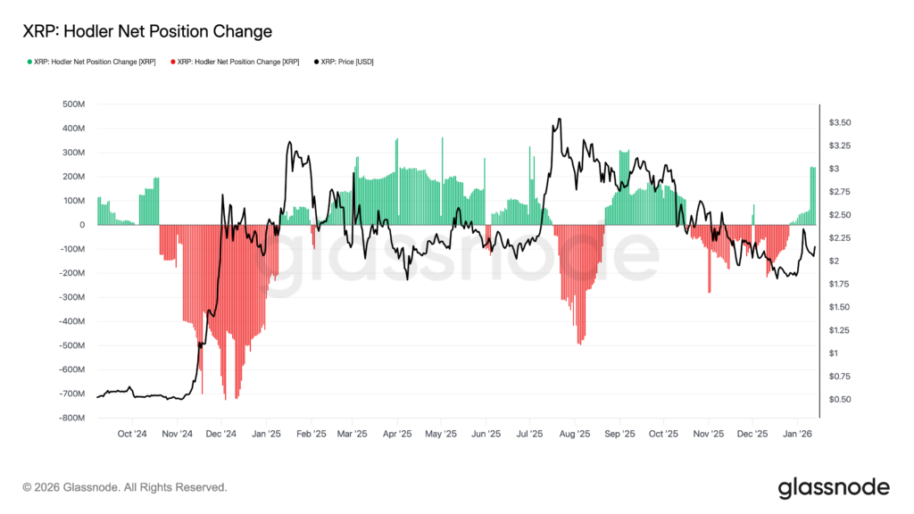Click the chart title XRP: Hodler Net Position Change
pyautogui.click(x=147, y=31)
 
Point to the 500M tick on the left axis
pyautogui.click(x=72, y=104)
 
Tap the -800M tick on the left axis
pyautogui.click(x=71, y=418)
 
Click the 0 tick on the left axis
pyautogui.click(x=81, y=225)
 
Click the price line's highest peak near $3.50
pyautogui.click(x=559, y=119)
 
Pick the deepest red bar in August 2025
pyautogui.click(x=581, y=344)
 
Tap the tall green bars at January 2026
pyautogui.click(x=813, y=196)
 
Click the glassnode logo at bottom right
pyautogui.click(x=834, y=487)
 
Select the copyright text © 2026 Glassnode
pyautogui.click(x=125, y=487)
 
